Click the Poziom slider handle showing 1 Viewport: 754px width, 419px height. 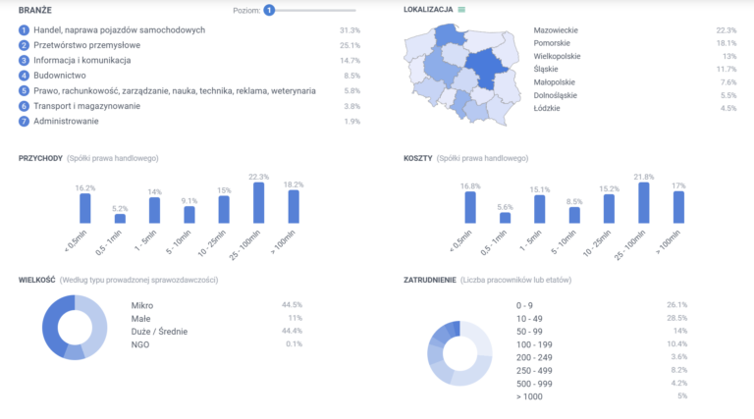[x=269, y=10]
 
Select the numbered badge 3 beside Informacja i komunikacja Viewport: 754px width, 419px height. [x=24, y=61]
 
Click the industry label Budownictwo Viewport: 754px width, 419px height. [x=60, y=76]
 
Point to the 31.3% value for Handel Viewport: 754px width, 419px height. [x=350, y=30]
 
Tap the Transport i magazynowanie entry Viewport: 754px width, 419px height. [x=86, y=106]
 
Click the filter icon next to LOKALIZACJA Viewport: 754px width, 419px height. [x=462, y=10]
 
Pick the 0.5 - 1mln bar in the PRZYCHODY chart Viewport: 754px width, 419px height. [x=120, y=218]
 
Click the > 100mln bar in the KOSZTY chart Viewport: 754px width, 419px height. [x=678, y=207]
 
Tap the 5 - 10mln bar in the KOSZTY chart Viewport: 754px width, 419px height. [x=574, y=215]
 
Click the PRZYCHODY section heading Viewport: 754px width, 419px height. [x=40, y=158]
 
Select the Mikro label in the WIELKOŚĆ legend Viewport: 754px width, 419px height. [x=142, y=305]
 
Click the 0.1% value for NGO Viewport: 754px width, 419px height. [x=294, y=343]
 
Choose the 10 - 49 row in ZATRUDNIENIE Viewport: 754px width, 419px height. [x=531, y=318]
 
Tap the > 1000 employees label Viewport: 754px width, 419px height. [x=530, y=395]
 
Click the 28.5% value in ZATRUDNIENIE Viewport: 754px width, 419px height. [x=676, y=318]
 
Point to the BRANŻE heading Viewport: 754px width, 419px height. [x=34, y=10]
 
